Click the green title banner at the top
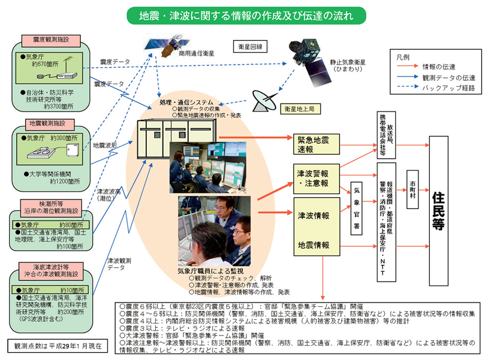click(246, 14)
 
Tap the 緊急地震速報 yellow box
click(316, 144)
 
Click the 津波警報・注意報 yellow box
click(316, 177)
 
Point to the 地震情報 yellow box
click(316, 245)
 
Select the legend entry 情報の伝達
click(438, 66)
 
